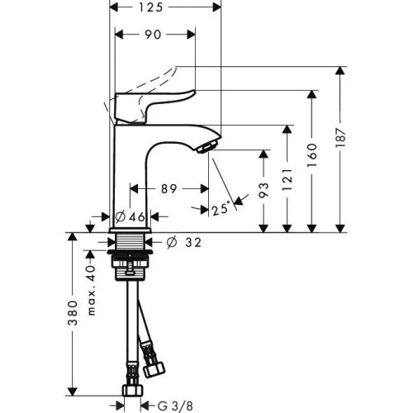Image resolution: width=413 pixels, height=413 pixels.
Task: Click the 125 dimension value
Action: pos(150,7)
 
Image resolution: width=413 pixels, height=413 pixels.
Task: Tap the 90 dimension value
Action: pos(153,35)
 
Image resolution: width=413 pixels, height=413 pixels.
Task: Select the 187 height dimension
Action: pos(341,138)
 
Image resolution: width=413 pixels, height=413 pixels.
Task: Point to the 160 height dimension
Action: pos(312,155)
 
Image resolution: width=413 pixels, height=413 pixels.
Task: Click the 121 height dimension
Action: pos(287,180)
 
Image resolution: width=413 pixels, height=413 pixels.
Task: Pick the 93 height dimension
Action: pos(263,190)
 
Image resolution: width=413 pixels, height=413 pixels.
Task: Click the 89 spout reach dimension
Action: pos(169,189)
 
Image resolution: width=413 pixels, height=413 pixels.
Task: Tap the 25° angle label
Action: pos(221,209)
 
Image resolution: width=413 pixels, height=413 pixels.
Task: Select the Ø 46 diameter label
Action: pos(131,217)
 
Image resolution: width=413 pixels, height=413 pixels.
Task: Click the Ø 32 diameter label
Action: pos(184,243)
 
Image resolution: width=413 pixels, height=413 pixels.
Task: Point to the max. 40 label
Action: pos(91,291)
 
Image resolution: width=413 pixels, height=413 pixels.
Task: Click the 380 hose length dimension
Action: pos(73,313)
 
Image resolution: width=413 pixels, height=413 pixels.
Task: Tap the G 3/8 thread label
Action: pos(176,406)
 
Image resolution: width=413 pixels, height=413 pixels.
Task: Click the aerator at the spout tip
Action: pos(207,145)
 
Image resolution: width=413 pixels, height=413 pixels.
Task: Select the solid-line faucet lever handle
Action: pos(151,106)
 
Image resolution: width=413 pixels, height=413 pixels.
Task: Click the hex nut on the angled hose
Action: pos(154,370)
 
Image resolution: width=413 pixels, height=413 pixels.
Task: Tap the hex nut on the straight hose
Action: pos(133,391)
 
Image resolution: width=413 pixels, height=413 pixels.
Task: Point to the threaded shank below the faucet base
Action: pos(131,241)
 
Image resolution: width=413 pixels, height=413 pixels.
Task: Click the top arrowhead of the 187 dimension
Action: pos(340,71)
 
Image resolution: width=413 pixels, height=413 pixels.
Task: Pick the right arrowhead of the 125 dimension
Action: pos(216,7)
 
